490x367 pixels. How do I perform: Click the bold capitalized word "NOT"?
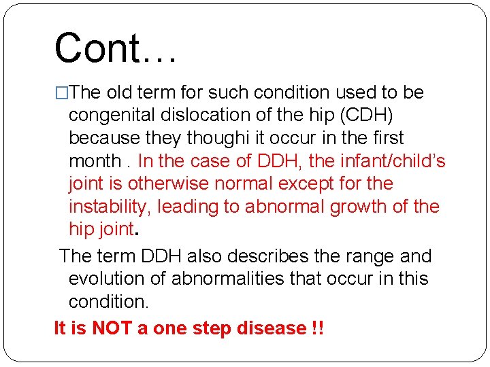113,329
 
